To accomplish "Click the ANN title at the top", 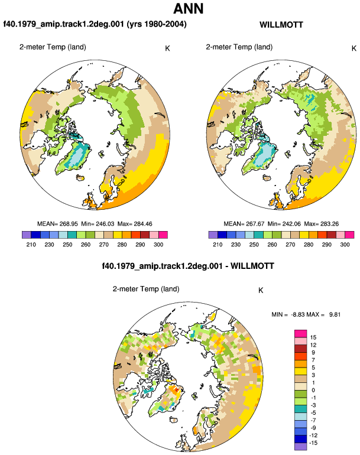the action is click(x=189, y=8).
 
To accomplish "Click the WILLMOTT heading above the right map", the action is click(x=281, y=25).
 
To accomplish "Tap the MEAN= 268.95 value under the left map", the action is click(x=57, y=224).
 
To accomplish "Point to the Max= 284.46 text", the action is click(x=135, y=224).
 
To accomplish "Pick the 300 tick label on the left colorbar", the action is click(x=158, y=245).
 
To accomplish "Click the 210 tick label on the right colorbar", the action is click(x=218, y=245).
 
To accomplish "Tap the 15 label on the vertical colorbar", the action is click(x=313, y=337).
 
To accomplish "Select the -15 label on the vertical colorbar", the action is click(x=313, y=443).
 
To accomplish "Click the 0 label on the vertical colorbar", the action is click(x=313, y=390).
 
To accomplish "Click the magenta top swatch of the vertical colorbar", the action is click(x=300, y=333).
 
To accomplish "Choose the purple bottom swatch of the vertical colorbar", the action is click(x=300, y=447).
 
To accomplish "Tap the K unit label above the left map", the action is click(x=167, y=48).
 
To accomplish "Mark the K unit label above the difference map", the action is click(x=261, y=291).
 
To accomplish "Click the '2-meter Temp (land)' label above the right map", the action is click(x=239, y=47).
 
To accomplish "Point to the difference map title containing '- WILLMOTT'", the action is click(x=188, y=266).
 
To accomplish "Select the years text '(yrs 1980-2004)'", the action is click(x=157, y=24).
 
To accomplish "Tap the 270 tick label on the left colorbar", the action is click(x=103, y=245).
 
